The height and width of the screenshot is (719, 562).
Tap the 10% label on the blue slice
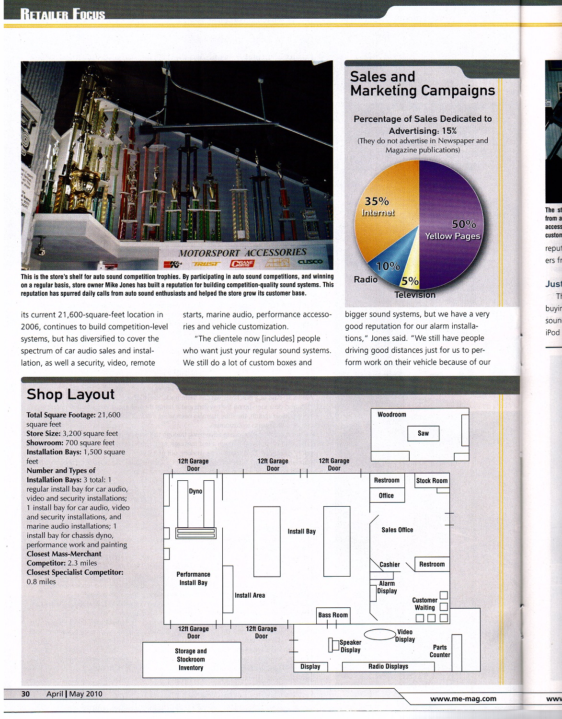[x=388, y=266]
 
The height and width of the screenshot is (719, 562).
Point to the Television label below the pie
[x=415, y=295]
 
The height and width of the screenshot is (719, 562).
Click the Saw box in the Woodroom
[x=423, y=433]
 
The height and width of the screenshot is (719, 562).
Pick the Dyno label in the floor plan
[x=195, y=491]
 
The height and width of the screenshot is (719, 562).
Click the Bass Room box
[x=333, y=615]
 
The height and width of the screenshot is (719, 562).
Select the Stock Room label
[x=432, y=481]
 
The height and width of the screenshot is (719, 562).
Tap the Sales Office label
[x=397, y=530]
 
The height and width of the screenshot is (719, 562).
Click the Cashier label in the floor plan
[x=390, y=565]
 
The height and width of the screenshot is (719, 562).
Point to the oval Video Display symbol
[x=382, y=634]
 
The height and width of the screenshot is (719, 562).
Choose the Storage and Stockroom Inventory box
[x=191, y=660]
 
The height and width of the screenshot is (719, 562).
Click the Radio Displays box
[x=388, y=666]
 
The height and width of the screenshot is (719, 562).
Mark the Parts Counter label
[x=440, y=651]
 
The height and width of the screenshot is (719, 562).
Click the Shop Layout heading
[x=71, y=394]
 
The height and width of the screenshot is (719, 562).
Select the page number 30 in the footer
[x=25, y=694]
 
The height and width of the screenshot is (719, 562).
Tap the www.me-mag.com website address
[x=463, y=698]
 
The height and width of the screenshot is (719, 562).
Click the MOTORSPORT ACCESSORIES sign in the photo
[x=242, y=253]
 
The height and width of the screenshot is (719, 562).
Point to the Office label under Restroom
[x=386, y=496]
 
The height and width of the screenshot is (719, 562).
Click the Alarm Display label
[x=387, y=587]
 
